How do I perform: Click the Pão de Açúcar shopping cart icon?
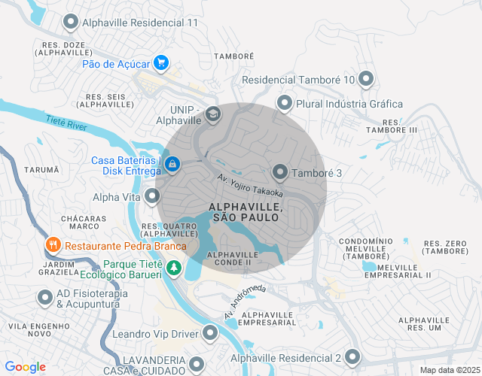160,63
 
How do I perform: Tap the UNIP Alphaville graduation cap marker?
213,114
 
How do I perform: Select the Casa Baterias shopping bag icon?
172,163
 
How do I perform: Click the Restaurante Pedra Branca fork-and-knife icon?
53,245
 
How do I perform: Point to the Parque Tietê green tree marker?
174,267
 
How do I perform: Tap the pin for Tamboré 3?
280,173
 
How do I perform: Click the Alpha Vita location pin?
153,197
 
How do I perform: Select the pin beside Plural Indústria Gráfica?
285,103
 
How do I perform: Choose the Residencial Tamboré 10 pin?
367,78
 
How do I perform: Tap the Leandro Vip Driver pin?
209,333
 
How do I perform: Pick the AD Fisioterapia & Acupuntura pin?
44,297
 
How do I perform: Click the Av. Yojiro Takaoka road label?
250,186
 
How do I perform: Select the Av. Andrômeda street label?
245,302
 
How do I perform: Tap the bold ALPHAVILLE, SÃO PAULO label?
246,211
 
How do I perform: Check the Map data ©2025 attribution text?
448,369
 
